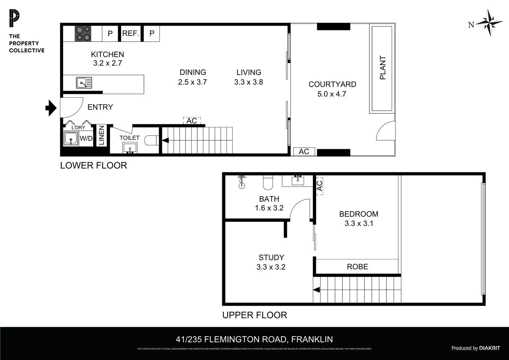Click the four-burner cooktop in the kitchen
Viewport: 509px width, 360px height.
click(83, 33)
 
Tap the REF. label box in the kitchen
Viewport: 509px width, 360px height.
click(131, 33)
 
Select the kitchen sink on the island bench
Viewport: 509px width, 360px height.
click(84, 83)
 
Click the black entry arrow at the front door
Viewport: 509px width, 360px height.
click(51, 108)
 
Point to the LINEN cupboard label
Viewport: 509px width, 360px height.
click(102, 136)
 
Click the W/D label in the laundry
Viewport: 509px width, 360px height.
click(86, 139)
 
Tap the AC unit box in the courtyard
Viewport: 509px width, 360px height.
click(304, 152)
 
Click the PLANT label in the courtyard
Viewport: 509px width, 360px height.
click(382, 68)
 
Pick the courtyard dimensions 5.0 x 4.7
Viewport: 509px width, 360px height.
click(332, 94)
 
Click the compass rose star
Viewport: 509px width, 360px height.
click(489, 23)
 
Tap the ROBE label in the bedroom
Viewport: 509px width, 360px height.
click(357, 267)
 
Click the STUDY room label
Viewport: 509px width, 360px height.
click(271, 257)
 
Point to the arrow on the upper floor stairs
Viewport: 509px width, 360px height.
click(317, 290)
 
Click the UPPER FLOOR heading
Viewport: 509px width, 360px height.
click(254, 315)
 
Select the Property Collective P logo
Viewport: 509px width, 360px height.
click(14, 19)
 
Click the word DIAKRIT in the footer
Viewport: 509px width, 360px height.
click(489, 348)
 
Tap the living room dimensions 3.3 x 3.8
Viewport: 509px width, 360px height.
click(249, 82)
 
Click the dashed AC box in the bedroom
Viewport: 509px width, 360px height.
click(319, 186)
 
